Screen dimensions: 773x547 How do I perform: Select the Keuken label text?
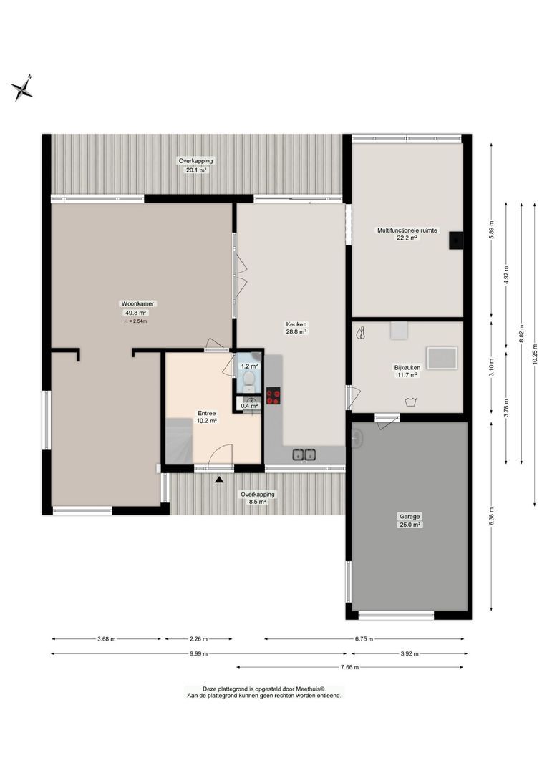pos(296,328)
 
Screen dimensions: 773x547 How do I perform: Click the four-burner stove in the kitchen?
pos(273,397)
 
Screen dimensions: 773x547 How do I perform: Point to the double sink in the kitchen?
pos(304,454)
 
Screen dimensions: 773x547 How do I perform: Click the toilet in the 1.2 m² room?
pos(248,379)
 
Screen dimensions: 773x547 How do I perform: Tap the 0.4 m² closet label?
pos(249,406)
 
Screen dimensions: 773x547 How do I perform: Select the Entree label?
pos(207,417)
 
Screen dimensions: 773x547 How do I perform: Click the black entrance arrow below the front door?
pos(219,480)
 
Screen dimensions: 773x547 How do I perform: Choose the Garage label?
pos(410,520)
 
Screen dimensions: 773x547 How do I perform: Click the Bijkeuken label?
pos(407,371)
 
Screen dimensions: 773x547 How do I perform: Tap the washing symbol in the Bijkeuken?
pos(410,402)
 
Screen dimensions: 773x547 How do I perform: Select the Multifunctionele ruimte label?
pos(407,234)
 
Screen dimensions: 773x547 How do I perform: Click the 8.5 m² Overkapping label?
pos(257,497)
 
